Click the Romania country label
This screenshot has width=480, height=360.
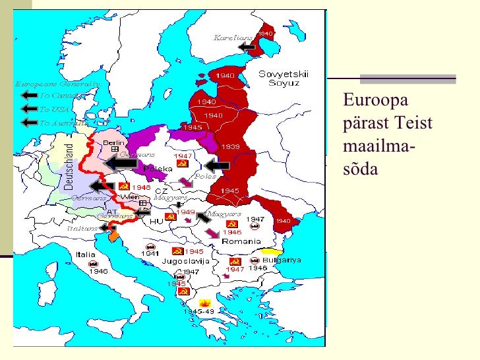point(241,241)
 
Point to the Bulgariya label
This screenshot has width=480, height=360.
point(284,260)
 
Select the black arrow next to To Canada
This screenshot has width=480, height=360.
point(28,96)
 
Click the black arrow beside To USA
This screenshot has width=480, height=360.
point(28,109)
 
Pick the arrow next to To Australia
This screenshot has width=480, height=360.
point(28,123)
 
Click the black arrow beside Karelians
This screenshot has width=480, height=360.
point(247,47)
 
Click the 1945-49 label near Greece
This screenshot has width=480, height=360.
point(197,311)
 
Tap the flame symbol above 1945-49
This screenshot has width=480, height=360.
point(196,301)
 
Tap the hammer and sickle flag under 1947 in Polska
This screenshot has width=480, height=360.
point(183,164)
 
